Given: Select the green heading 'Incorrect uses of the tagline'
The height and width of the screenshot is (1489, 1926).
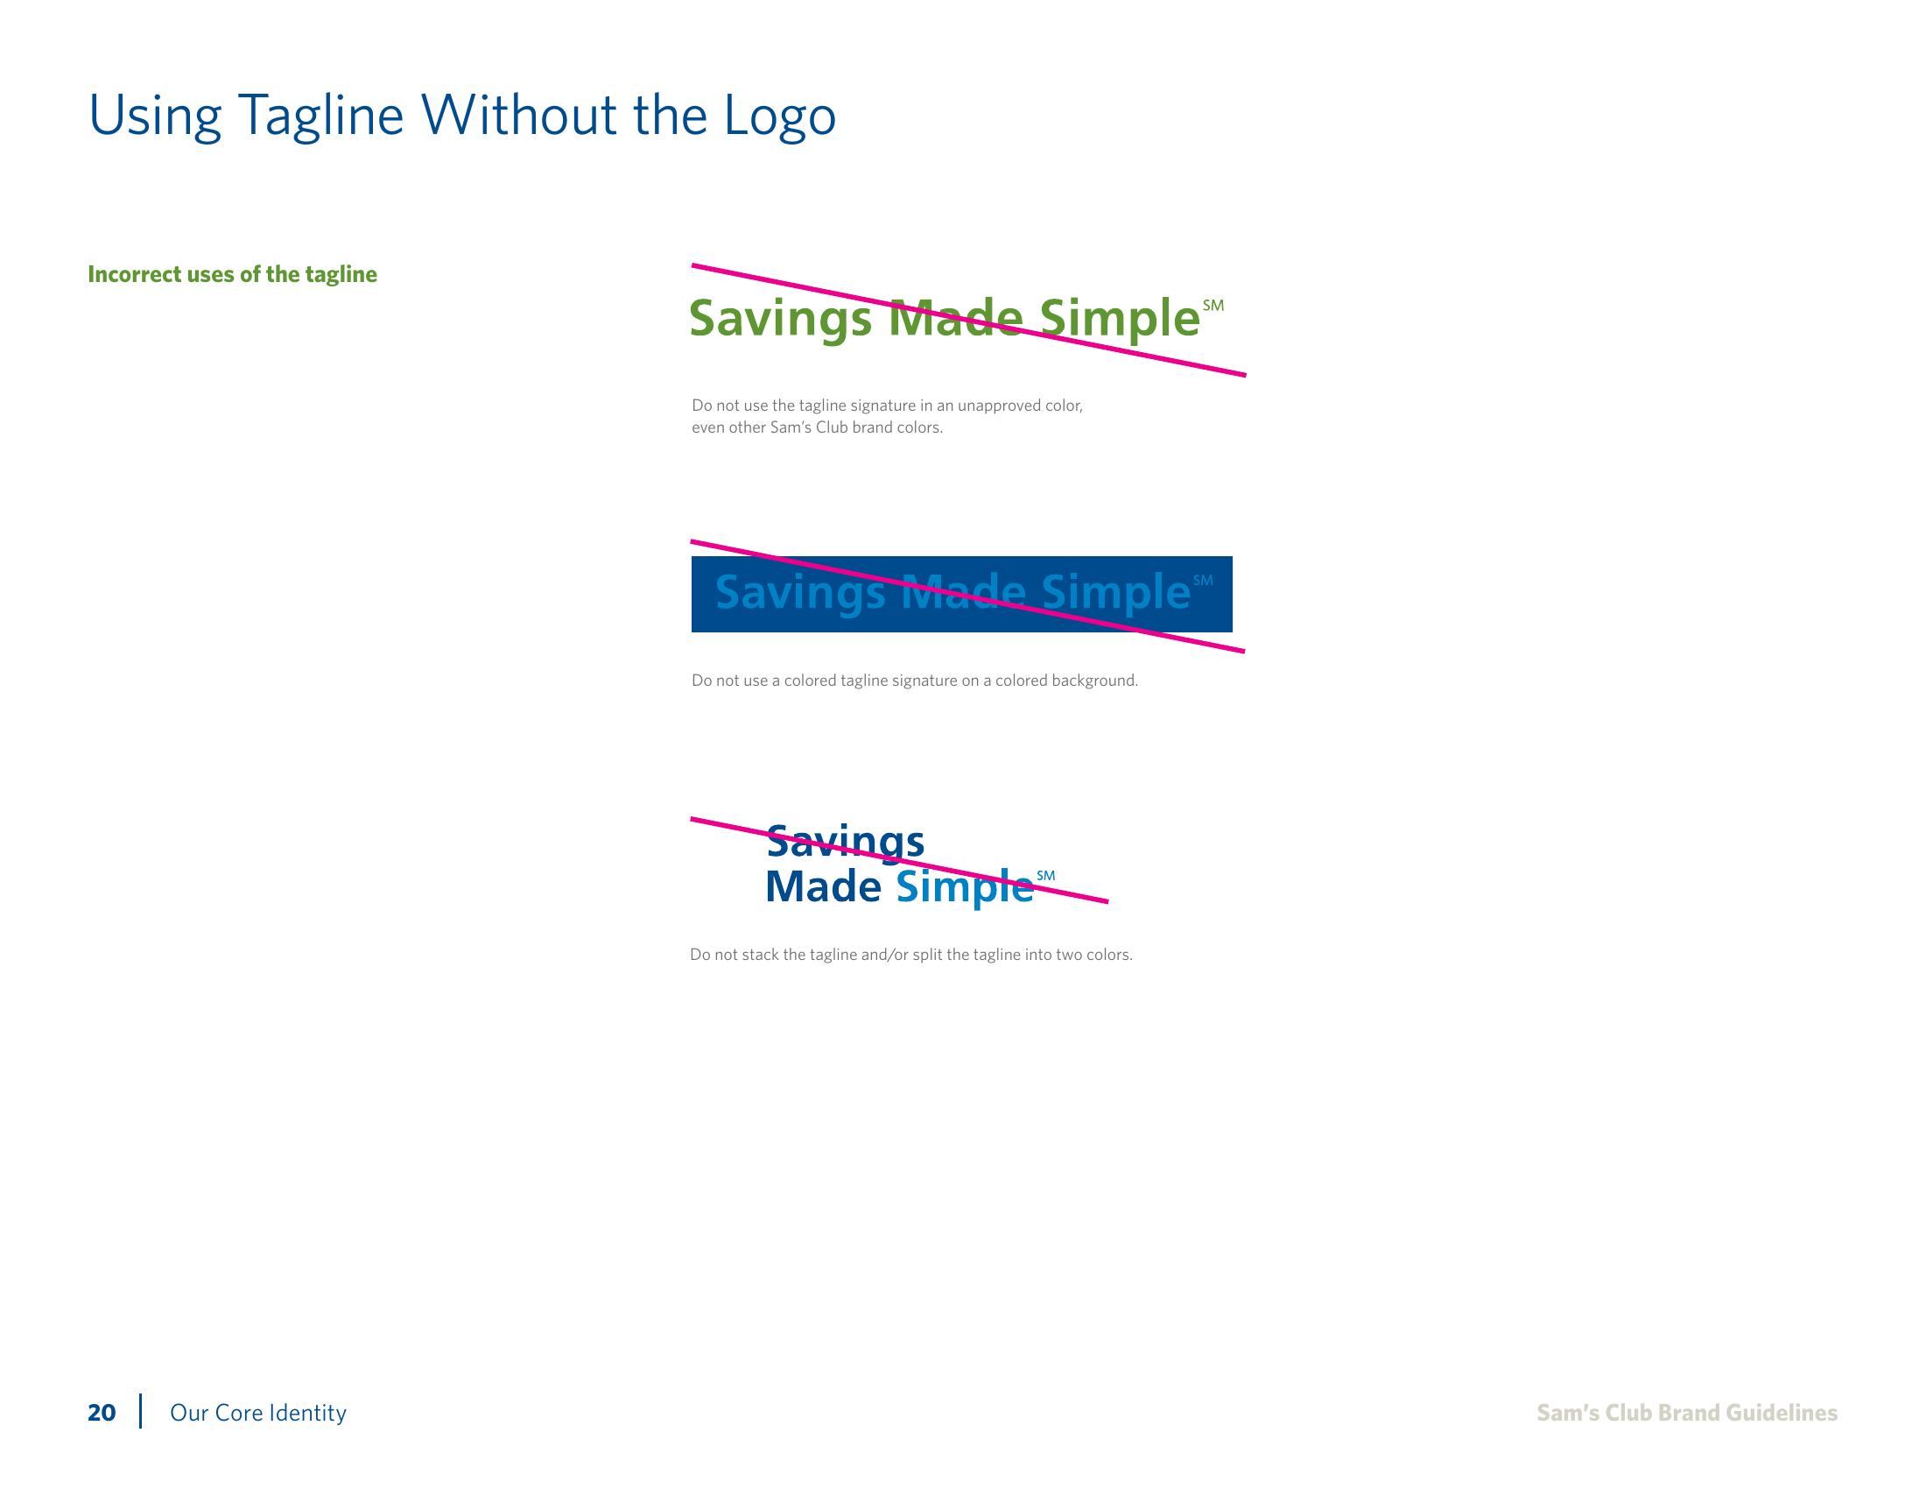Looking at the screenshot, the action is (232, 274).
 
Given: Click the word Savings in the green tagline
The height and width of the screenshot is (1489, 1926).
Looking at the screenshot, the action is (779, 320).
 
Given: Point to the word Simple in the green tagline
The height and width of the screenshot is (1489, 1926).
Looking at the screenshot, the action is (1120, 320).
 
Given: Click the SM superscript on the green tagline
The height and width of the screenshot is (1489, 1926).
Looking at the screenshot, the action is (1213, 305).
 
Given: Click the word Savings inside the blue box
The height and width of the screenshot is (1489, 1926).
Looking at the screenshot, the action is (800, 592).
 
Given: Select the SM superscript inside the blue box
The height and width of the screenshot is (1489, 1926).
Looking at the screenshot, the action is (1203, 581).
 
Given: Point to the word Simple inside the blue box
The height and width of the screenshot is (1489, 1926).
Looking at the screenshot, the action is (1115, 592).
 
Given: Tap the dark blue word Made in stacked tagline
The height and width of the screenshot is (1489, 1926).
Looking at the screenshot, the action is (823, 886).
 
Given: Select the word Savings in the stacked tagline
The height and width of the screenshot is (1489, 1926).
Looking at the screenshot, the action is (845, 843).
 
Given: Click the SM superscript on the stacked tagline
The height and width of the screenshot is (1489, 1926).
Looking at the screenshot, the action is (1046, 876).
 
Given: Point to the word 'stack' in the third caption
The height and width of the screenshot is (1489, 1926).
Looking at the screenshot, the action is (760, 956).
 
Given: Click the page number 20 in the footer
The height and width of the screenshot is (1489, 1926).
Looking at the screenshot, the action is (102, 1413).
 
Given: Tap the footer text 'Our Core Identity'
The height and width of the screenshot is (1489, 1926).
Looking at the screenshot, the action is (257, 1413).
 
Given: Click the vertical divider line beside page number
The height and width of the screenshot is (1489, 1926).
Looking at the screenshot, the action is (140, 1410).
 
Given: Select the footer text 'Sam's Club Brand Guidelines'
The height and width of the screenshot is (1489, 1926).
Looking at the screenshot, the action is (1687, 1413).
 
